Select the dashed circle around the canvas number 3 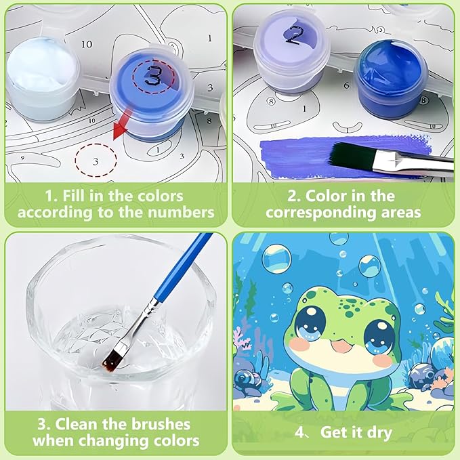click(x=96, y=160)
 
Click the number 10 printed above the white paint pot click(x=87, y=44)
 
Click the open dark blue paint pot click(x=390, y=79)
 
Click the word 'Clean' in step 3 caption click(x=75, y=424)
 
